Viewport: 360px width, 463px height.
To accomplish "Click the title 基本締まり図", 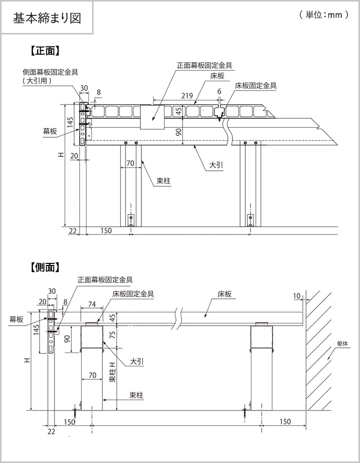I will coord(47,17).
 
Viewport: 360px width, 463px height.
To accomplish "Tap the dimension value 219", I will coord(187,96).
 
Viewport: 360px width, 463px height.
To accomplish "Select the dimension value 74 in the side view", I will coord(92,304).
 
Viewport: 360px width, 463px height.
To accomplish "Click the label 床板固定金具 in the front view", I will coord(256,86).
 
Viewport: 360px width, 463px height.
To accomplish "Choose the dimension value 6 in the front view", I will coord(219,91).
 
